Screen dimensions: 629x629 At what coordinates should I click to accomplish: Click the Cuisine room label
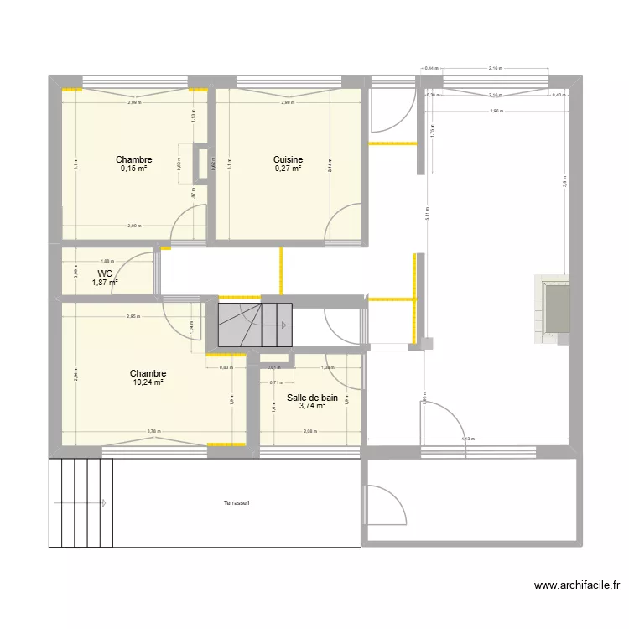coord(288,159)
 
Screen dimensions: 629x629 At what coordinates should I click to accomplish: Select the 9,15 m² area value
coord(133,169)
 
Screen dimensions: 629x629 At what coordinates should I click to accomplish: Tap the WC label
coord(105,273)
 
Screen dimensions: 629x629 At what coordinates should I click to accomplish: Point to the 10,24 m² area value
coord(147,382)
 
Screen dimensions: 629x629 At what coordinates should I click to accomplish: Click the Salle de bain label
coord(312,398)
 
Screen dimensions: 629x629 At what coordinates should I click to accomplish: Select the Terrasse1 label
coord(237,503)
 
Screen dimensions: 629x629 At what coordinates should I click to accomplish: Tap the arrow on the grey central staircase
coord(285,325)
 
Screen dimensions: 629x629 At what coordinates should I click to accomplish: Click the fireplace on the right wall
coord(554,308)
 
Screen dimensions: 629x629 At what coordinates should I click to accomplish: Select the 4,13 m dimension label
coord(467,439)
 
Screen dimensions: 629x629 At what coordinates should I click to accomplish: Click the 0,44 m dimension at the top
coord(431,68)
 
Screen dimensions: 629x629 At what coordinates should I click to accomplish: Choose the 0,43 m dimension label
coord(559,96)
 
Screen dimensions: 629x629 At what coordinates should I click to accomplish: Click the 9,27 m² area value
coord(288,169)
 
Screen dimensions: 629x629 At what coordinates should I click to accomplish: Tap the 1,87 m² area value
coord(105,283)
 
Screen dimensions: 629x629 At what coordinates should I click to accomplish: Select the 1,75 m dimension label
coord(433,131)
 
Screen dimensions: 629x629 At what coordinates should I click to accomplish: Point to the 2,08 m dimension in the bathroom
coord(310,432)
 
